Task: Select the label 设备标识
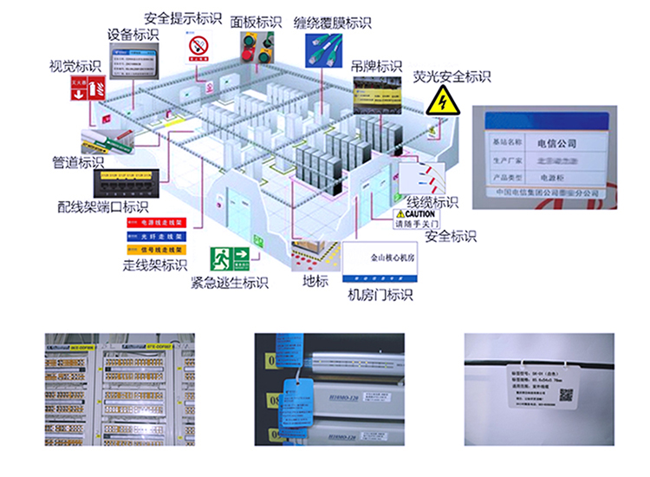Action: tap(133, 35)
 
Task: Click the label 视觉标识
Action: tap(75, 66)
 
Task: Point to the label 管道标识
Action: tap(78, 161)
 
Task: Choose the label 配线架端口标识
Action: tap(102, 207)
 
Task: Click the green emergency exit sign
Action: tap(231, 258)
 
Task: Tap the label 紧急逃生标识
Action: tap(230, 283)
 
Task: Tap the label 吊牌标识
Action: tap(376, 67)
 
